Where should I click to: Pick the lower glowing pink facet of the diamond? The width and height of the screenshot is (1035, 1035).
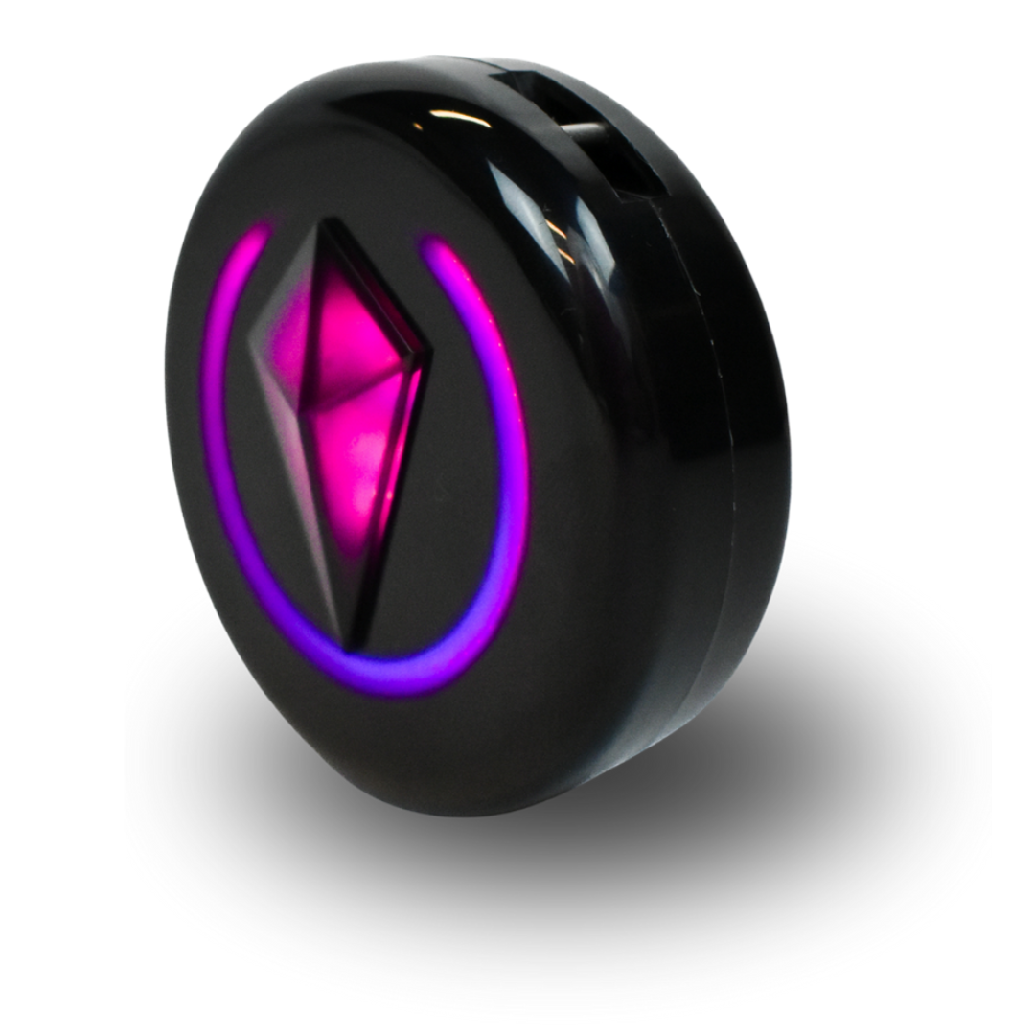(364, 450)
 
